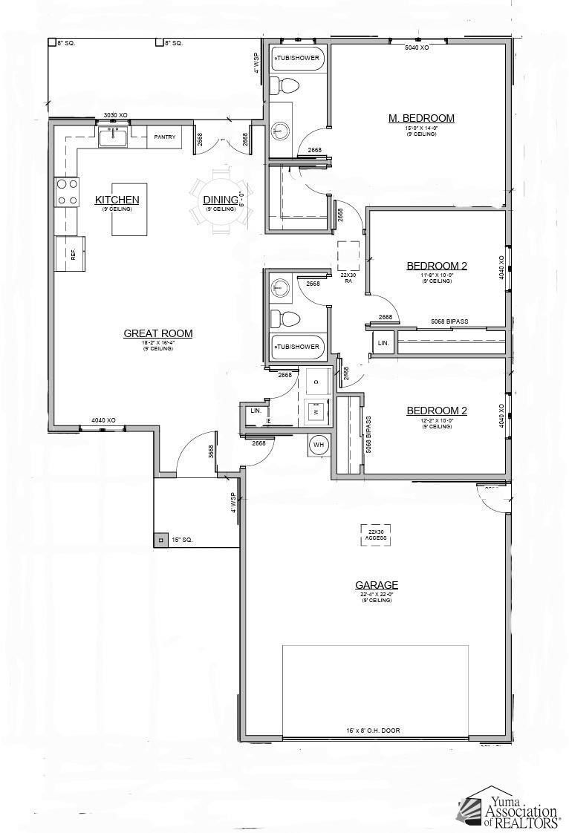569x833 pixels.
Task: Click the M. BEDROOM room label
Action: click(421, 118)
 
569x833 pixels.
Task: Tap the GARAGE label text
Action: click(377, 585)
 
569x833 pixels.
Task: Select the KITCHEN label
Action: click(117, 200)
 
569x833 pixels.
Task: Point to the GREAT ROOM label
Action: click(157, 334)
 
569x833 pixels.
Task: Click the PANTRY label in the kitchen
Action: click(164, 137)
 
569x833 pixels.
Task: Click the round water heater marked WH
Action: click(319, 445)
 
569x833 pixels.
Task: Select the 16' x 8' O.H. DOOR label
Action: click(373, 731)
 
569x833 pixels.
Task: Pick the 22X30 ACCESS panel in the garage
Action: click(377, 535)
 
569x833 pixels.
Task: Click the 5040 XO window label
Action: click(417, 48)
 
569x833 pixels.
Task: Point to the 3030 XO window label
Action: click(115, 115)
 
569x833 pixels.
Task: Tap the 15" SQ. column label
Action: click(182, 540)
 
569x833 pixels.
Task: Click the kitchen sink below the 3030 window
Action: click(114, 137)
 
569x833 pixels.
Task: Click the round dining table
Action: click(220, 200)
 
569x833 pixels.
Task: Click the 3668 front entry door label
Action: click(211, 452)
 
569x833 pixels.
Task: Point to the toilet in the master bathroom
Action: click(283, 86)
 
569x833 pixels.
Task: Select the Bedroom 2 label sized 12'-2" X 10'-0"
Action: click(436, 411)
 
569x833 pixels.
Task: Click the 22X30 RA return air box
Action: click(348, 256)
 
